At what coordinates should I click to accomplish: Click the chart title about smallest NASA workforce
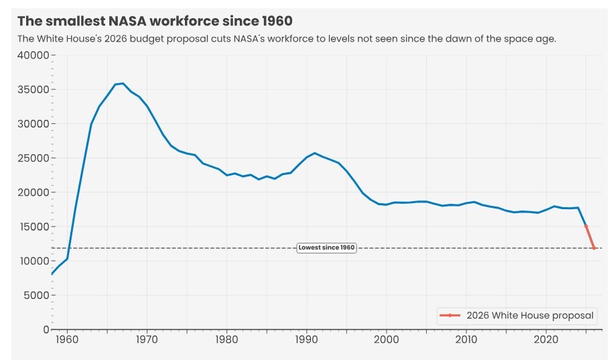155,21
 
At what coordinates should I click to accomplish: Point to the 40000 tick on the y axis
33,55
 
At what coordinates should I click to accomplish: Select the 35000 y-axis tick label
33,89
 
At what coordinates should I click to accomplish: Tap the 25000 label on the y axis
33,158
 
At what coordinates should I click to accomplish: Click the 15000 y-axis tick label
33,227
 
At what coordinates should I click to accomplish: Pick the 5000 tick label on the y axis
36,295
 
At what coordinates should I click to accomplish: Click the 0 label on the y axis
46,329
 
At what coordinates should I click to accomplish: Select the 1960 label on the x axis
67,340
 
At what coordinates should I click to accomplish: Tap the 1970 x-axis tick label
147,340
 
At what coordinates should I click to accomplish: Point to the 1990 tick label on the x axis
306,340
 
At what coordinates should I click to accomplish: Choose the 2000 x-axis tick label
386,340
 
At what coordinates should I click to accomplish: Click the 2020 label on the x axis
545,340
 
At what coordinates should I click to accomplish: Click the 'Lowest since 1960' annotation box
326,248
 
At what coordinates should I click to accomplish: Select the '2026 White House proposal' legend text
530,315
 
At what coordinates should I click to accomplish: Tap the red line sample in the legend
449,315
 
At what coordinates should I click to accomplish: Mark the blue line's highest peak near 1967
123,83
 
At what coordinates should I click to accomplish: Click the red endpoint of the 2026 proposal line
594,249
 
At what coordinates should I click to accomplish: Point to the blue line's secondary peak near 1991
314,153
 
